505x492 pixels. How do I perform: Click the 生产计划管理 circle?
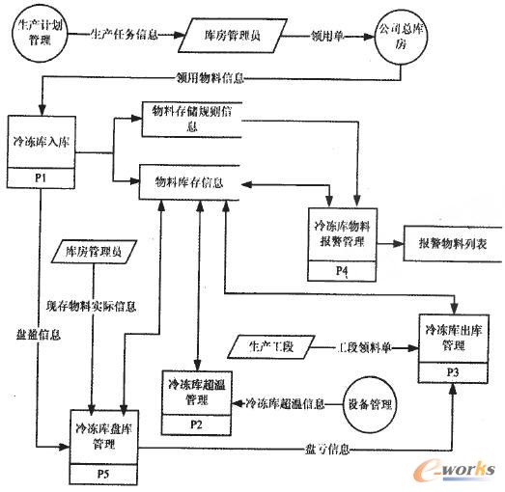point(32,37)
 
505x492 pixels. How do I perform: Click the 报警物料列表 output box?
point(445,244)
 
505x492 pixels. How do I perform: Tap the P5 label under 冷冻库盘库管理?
point(100,474)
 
